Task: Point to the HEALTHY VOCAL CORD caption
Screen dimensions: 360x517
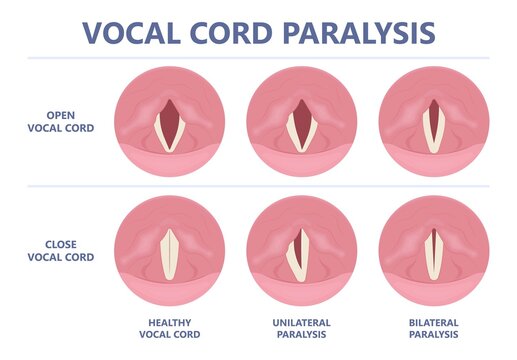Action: [169, 327]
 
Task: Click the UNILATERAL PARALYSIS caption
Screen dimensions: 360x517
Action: [301, 327]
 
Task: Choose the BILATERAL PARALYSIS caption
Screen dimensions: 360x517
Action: [433, 327]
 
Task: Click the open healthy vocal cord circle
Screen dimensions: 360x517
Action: [169, 119]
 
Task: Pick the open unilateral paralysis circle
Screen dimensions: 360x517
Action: [301, 119]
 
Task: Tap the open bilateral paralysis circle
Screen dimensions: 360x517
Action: [433, 119]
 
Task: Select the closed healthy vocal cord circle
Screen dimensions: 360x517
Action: [169, 251]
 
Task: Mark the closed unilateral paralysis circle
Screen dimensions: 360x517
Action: [301, 251]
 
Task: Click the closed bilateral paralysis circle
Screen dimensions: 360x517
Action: [433, 251]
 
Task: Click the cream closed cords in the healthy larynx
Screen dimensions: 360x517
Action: [169, 254]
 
